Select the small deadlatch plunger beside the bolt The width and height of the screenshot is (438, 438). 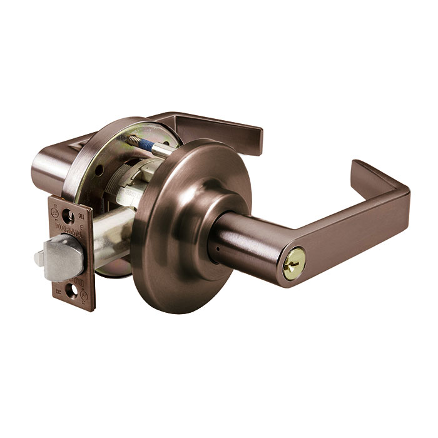tap(41, 258)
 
